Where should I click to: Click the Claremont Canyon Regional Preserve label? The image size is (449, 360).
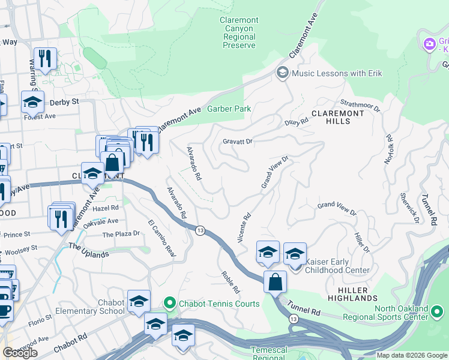[239, 32]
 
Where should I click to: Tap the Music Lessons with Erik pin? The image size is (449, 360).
[282, 73]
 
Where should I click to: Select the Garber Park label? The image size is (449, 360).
[229, 109]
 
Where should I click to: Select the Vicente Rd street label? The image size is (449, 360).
[244, 228]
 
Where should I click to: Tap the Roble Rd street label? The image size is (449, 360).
[230, 280]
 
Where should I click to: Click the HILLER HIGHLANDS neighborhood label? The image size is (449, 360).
[352, 294]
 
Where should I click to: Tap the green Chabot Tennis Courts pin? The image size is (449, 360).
[171, 304]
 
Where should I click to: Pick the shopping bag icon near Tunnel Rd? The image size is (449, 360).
[275, 281]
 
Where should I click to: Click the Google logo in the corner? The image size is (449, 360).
[20, 353]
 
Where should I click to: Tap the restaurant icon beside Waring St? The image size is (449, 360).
[45, 58]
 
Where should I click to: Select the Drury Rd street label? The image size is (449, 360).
[296, 122]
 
